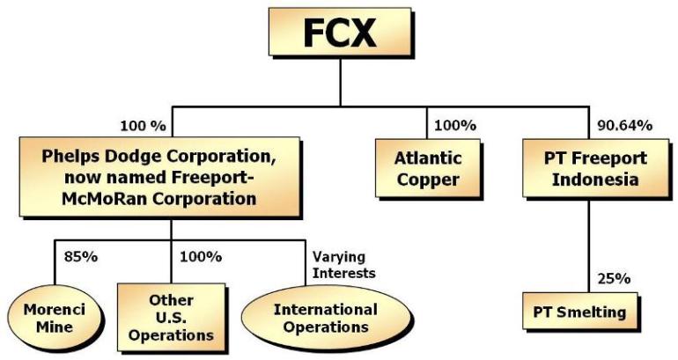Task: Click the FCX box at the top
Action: (x=340, y=34)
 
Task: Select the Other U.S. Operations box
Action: (x=171, y=317)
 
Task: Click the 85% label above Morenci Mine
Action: (x=82, y=257)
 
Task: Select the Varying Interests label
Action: (x=344, y=265)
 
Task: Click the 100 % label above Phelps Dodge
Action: (x=140, y=126)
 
